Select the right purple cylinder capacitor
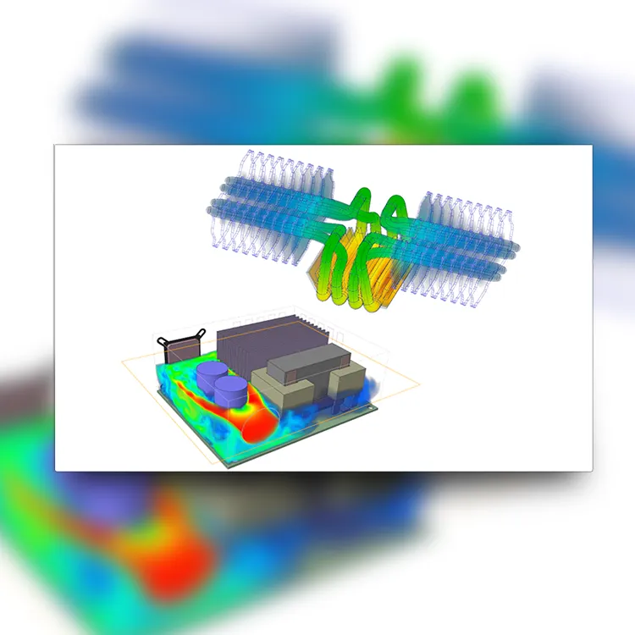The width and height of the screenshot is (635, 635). click(231, 391)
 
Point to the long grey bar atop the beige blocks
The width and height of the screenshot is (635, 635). click(307, 362)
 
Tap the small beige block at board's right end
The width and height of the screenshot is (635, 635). click(348, 382)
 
